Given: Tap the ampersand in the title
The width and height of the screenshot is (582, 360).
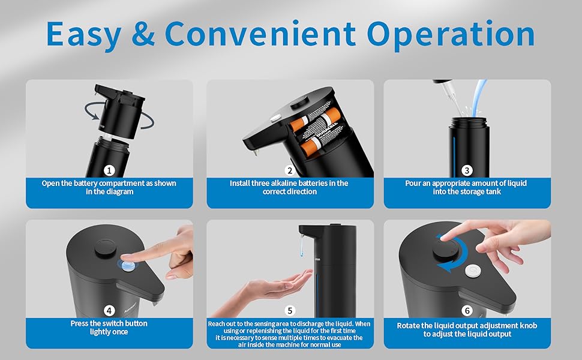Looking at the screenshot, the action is pos(143,34).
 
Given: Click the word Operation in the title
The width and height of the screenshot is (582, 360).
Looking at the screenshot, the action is pos(451,35).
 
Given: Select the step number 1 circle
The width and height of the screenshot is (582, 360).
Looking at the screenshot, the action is pos(109,170).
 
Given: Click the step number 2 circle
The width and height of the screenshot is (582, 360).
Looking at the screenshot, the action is pos(290,170).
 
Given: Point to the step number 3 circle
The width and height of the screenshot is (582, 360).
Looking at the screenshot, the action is pos(467,170).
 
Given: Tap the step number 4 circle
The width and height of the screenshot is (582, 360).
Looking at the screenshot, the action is pos(109,311).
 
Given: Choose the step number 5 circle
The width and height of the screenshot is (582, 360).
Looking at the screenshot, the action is pos(290,311).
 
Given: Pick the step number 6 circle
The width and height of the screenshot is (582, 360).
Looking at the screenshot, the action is pos(467,311).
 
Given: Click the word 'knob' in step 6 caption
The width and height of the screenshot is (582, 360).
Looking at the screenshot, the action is pos(528,325).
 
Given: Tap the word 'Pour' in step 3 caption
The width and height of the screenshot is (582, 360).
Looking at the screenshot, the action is pos(412,183).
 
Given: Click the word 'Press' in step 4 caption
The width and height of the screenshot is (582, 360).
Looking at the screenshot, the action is pos(79,323).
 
